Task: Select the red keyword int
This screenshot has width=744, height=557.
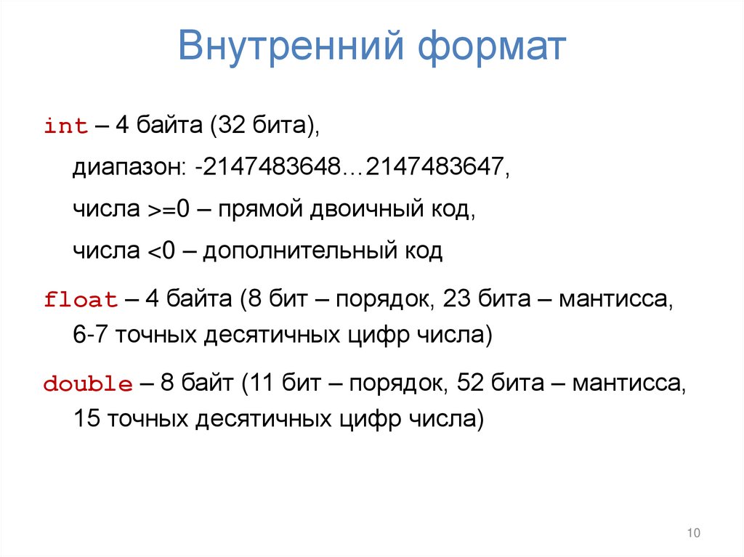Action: click(x=66, y=126)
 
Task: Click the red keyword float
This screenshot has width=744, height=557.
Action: click(x=81, y=300)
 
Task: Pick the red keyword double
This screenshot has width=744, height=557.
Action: click(x=88, y=384)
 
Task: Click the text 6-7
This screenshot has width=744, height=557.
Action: click(x=90, y=336)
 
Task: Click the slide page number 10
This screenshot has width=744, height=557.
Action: click(x=692, y=534)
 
